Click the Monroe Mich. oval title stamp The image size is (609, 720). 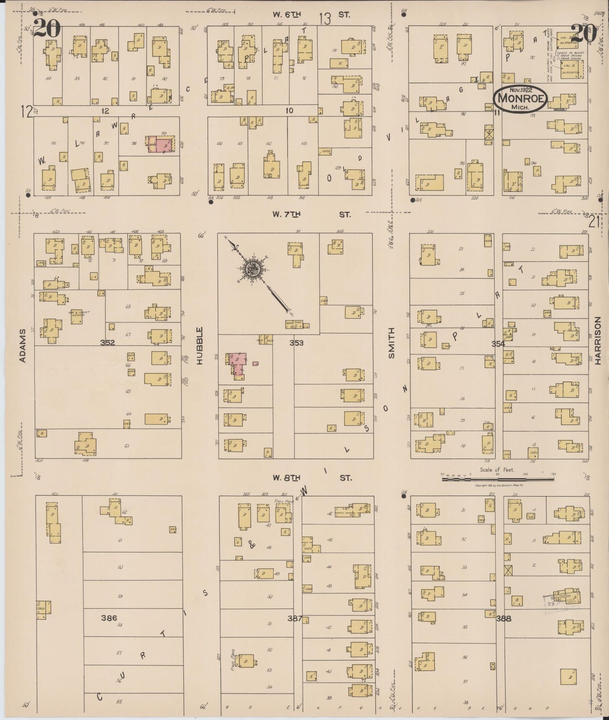coord(520,98)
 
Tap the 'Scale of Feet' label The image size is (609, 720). coord(497,469)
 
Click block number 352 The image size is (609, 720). coord(108,343)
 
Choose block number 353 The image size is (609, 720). coord(296,343)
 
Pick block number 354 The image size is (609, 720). coord(498,344)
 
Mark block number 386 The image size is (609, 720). coord(109,618)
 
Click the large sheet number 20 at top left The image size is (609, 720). coord(47,29)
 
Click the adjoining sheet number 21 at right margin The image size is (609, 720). coord(594,221)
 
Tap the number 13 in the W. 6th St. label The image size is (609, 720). coord(325,18)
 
